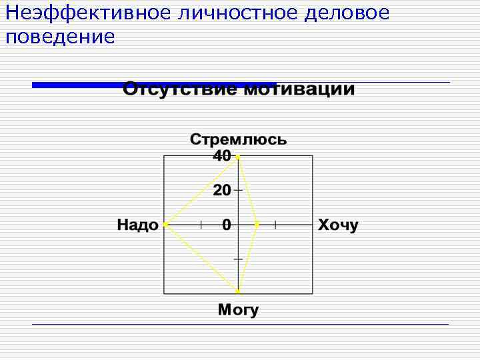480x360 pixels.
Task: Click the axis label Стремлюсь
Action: pyautogui.click(x=238, y=139)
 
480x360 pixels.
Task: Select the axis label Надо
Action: pyautogui.click(x=138, y=225)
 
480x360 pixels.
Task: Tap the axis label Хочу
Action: pyautogui.click(x=338, y=225)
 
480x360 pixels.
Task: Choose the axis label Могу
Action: pyautogui.click(x=238, y=310)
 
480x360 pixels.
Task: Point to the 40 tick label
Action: pyautogui.click(x=221, y=155)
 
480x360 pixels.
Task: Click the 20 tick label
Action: pyautogui.click(x=221, y=191)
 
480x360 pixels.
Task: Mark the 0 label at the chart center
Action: pyautogui.click(x=227, y=225)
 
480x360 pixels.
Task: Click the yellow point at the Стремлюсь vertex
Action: pyautogui.click(x=238, y=157)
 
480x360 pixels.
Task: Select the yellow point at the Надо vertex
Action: pyautogui.click(x=165, y=225)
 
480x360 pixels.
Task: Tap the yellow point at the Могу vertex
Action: pyautogui.click(x=238, y=292)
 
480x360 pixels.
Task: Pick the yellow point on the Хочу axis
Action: pyautogui.click(x=257, y=225)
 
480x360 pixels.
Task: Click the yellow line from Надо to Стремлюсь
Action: pyautogui.click(x=201, y=191)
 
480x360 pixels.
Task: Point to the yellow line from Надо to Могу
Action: pyautogui.click(x=201, y=258)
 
